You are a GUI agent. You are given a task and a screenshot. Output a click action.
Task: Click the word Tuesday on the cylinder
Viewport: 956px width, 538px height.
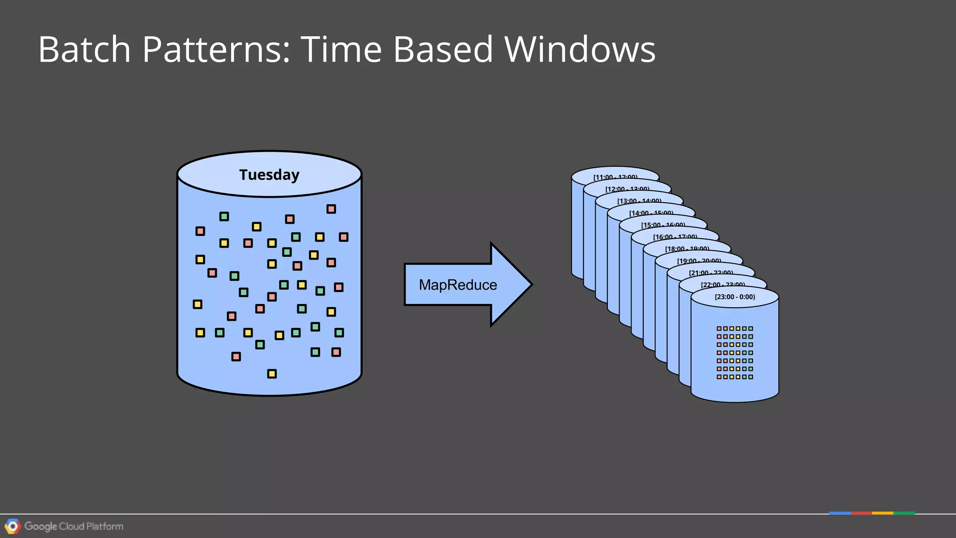(269, 175)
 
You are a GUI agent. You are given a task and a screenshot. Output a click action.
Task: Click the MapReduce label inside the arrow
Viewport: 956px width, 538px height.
(457, 285)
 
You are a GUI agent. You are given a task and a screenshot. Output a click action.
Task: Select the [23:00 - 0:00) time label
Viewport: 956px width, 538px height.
(735, 297)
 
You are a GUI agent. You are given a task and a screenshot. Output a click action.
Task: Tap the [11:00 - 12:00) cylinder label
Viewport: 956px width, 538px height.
(615, 177)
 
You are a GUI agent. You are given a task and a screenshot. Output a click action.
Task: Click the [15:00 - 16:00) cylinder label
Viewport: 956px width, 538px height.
(663, 225)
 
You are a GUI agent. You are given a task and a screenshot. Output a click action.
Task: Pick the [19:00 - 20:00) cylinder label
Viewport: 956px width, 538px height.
(699, 261)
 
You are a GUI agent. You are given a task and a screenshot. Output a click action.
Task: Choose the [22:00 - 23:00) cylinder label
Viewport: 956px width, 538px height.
(723, 285)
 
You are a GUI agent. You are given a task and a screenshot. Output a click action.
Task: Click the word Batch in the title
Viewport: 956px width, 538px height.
(84, 49)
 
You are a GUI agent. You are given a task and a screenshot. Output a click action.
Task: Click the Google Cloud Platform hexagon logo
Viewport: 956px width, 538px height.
(13, 526)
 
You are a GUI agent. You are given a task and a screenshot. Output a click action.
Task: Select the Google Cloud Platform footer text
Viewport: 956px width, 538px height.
(74, 526)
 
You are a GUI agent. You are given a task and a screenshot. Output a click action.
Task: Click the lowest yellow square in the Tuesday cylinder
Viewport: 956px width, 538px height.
(272, 374)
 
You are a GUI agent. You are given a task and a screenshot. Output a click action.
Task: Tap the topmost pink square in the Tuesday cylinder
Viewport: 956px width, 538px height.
(331, 209)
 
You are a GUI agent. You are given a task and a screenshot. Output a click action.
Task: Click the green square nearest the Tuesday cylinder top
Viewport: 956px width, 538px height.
(224, 216)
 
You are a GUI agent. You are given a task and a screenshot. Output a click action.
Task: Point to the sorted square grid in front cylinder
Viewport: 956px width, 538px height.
(735, 353)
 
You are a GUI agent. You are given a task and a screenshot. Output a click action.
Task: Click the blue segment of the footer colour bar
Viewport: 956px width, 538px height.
(840, 513)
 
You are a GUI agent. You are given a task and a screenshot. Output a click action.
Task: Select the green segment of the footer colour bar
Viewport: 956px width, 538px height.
(904, 513)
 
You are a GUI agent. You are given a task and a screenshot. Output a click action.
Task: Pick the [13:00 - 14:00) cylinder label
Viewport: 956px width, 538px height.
(639, 201)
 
